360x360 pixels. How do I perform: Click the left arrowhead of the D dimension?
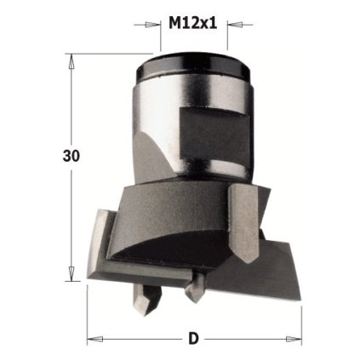pos(94,338)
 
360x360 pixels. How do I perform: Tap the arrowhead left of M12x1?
pos(156,24)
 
